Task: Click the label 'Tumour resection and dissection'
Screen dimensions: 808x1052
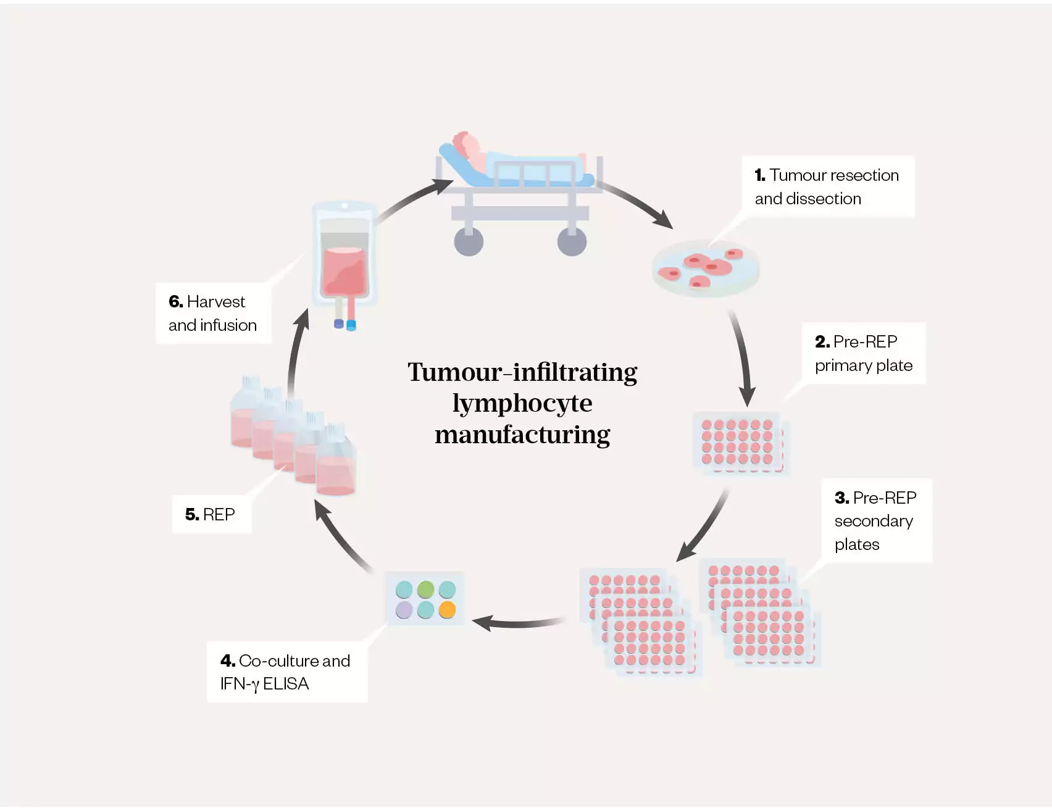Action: [827, 186]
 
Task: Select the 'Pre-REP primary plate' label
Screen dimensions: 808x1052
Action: [863, 353]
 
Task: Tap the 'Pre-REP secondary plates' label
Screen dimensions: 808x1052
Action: [875, 520]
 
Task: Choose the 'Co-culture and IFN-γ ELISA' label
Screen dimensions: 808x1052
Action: [285, 672]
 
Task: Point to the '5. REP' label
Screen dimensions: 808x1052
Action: [211, 514]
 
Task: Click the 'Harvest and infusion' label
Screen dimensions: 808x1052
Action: [212, 313]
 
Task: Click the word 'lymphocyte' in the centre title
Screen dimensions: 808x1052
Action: [522, 404]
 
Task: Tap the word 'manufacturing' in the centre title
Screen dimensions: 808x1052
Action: [522, 435]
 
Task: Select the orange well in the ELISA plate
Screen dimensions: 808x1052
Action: [447, 610]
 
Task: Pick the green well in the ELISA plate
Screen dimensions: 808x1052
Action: [425, 589]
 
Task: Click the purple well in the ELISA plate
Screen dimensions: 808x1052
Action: [404, 610]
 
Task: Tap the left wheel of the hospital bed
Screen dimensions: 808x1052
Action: [469, 241]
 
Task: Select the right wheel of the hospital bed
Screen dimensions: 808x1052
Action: [572, 241]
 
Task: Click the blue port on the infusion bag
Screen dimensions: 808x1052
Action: [351, 325]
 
